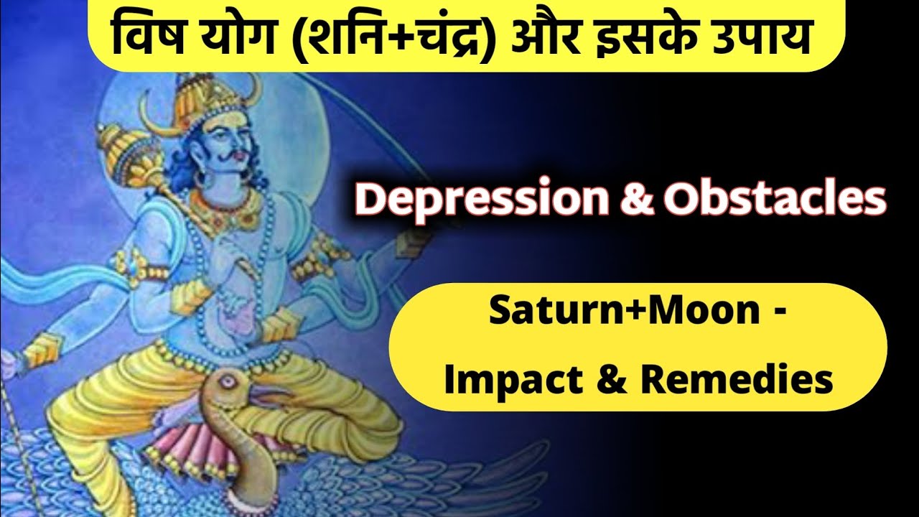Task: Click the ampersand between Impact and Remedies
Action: pyautogui.click(x=610, y=379)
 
